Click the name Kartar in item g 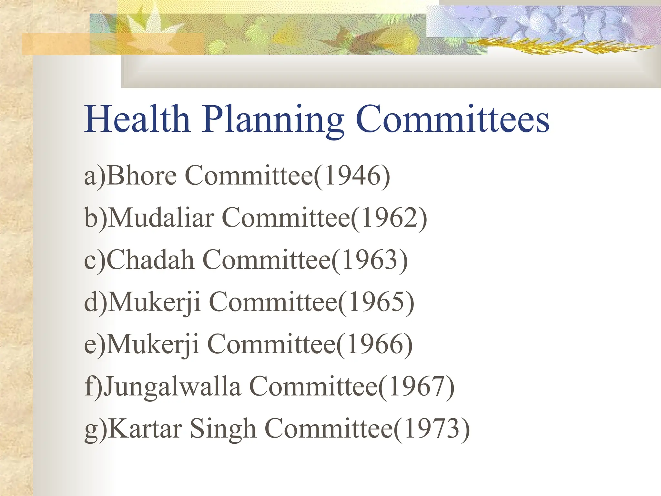point(145,429)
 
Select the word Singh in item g point(223,429)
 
